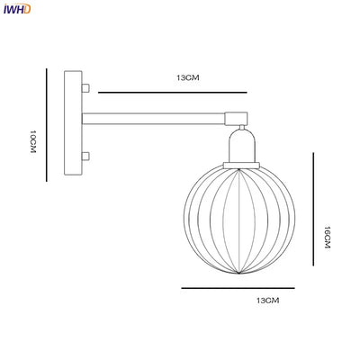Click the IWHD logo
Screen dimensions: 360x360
17,9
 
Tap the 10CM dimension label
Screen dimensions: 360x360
33,141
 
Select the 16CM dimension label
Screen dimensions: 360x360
327,237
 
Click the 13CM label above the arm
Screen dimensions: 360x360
187,77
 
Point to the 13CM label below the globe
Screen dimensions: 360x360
267,301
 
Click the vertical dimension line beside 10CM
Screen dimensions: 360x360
47,125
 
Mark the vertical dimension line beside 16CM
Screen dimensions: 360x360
313,209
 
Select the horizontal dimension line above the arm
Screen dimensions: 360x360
173,93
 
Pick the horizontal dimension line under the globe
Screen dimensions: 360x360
238,288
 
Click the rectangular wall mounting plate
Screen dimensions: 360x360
73,122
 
